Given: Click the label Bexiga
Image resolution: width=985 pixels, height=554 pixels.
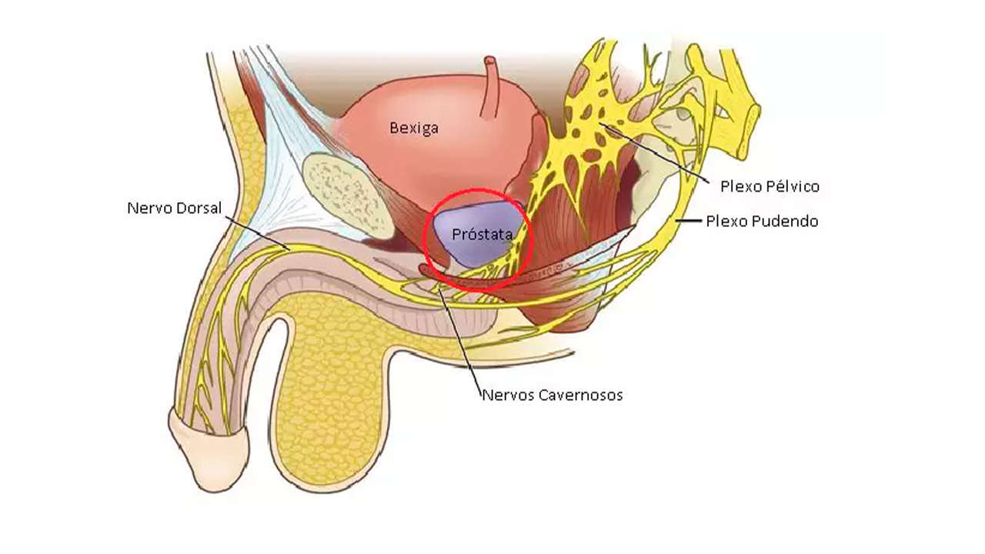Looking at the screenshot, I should [414, 128].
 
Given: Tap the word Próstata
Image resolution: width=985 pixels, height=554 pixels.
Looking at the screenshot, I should [482, 235].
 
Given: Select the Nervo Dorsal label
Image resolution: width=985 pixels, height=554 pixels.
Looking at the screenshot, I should [174, 209].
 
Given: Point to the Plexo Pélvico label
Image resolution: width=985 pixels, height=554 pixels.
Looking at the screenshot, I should [770, 186].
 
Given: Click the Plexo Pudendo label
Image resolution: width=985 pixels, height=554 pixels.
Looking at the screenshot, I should [762, 222].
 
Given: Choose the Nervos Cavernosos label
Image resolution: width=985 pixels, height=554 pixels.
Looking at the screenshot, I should [552, 395].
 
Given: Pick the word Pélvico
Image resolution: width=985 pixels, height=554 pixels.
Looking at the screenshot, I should [793, 186].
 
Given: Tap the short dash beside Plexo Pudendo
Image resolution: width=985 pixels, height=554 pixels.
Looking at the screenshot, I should [689, 222].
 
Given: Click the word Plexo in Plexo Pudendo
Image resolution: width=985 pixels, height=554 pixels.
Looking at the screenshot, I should [727, 222].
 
